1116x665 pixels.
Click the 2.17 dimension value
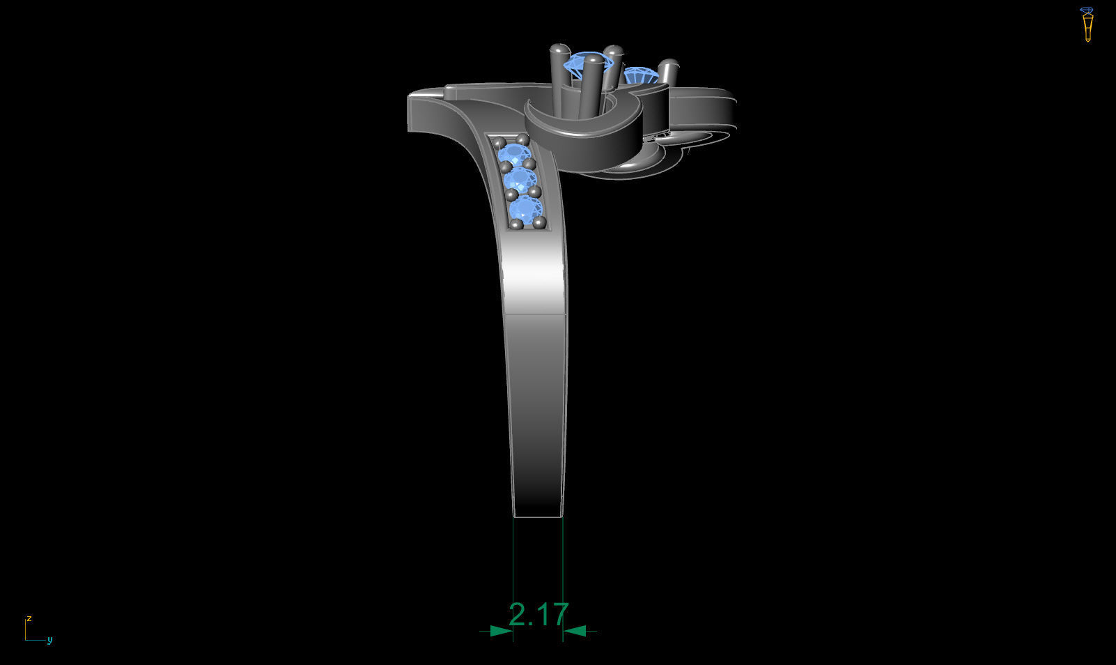(x=538, y=615)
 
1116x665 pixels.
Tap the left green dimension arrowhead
(x=501, y=631)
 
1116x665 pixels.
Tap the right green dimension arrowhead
(x=575, y=631)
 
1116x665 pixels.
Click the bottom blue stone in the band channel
(x=526, y=208)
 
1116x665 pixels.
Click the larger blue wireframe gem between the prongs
(x=588, y=63)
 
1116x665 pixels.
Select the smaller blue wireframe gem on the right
(x=641, y=75)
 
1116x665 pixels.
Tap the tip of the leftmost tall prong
(x=560, y=48)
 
